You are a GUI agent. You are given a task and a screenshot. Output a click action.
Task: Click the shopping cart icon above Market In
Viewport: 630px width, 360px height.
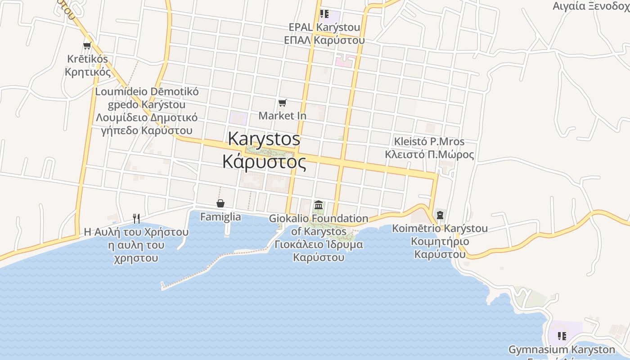(282, 103)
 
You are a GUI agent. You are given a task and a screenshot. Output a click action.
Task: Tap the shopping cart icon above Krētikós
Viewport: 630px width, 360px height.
(87, 45)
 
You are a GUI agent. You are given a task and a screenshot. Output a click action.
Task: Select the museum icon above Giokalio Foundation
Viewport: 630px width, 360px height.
(319, 205)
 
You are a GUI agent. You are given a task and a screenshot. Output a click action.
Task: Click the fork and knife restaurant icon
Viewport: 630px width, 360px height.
(136, 219)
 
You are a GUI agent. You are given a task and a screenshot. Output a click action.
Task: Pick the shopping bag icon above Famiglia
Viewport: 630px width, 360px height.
(220, 203)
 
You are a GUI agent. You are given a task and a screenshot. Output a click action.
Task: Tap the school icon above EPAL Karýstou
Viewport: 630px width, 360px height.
(324, 14)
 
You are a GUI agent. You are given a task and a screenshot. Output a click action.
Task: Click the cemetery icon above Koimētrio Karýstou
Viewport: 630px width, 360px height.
(440, 215)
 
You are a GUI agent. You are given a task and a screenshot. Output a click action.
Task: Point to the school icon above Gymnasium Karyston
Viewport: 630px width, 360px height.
(562, 336)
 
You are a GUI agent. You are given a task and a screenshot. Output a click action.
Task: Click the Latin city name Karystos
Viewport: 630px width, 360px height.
(264, 139)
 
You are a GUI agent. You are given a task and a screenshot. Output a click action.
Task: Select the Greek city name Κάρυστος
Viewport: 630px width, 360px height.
(265, 162)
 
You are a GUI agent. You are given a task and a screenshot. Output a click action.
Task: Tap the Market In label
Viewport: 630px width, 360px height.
(282, 116)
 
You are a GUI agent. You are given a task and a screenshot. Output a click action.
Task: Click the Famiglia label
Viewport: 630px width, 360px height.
(220, 217)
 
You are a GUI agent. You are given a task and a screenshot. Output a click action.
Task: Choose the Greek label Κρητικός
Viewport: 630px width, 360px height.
(88, 72)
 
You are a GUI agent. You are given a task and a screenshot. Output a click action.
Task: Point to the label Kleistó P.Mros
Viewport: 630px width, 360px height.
(429, 141)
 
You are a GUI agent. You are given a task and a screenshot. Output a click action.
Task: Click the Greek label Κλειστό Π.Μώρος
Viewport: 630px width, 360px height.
(429, 154)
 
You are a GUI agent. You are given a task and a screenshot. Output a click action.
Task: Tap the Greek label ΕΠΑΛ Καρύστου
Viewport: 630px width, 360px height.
(324, 40)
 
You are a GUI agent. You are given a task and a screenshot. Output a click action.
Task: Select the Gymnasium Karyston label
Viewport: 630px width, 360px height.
(562, 349)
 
